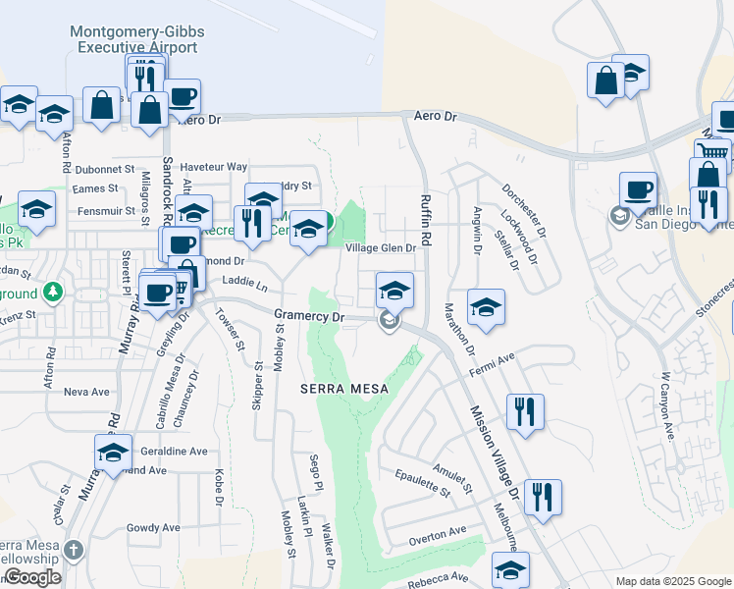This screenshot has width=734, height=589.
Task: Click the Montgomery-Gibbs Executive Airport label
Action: pos(137,39)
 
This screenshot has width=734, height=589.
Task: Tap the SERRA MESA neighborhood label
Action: pos(343,389)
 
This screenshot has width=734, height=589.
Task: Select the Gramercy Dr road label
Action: pos(310,317)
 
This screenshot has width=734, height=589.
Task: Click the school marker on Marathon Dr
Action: pos(486,307)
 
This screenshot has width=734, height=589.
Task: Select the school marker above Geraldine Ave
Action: pos(113,453)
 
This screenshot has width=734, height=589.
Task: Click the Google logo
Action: pos(33,577)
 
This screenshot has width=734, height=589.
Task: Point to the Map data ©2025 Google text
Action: pos(671,581)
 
